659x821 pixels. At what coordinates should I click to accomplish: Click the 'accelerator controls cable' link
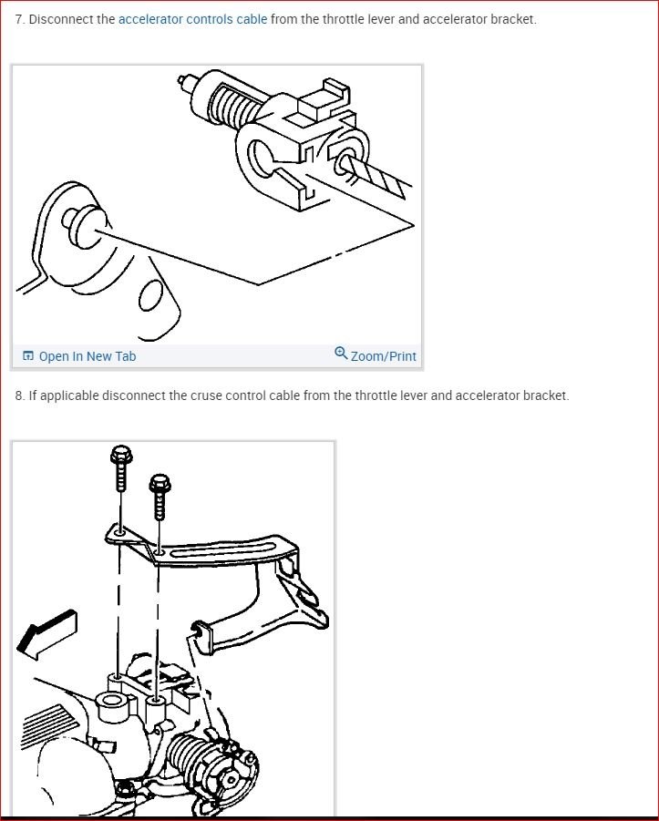point(192,19)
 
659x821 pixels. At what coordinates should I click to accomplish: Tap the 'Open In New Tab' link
point(88,356)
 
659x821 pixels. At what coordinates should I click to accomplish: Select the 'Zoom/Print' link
point(383,356)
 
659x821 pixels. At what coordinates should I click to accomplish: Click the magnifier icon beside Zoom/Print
point(341,353)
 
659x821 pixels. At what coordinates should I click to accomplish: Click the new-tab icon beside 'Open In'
point(28,356)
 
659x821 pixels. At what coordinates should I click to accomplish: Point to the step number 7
point(18,19)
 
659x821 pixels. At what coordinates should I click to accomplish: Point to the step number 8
point(18,395)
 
